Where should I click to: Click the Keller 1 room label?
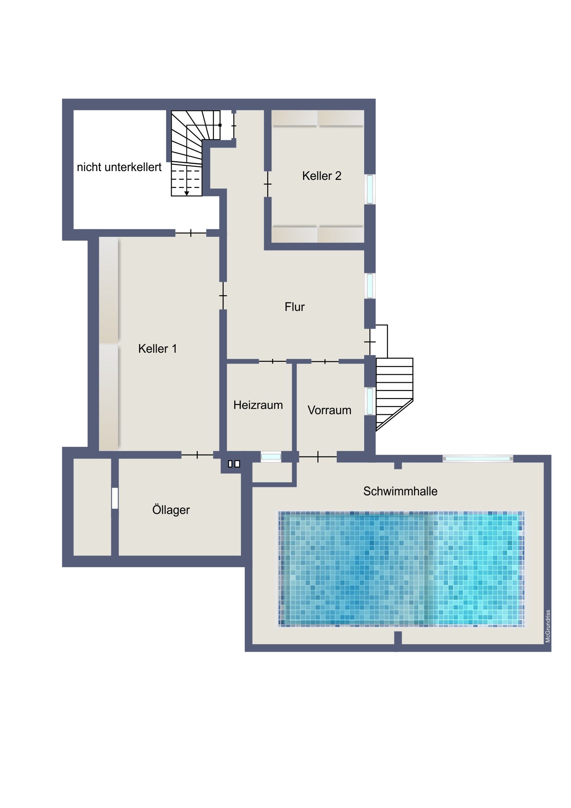point(157,349)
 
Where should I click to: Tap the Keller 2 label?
point(322,176)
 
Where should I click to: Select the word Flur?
point(295,307)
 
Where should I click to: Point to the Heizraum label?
point(258,405)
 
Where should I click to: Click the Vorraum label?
point(329,410)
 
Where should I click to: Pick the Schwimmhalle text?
point(400,491)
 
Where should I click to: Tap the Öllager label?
point(171,510)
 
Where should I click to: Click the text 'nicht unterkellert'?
point(119,167)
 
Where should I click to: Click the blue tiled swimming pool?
point(401,569)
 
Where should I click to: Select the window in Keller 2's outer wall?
point(370,189)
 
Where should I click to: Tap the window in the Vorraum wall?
point(370,401)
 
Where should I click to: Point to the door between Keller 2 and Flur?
point(268,184)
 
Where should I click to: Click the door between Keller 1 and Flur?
point(223,295)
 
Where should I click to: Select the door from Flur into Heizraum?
point(273,361)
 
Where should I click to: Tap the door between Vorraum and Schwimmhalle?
point(318,457)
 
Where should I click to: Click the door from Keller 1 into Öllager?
point(197,455)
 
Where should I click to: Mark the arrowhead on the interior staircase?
point(186,193)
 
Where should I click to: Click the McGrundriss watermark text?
point(548,626)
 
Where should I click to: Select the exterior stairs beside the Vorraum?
point(394,394)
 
